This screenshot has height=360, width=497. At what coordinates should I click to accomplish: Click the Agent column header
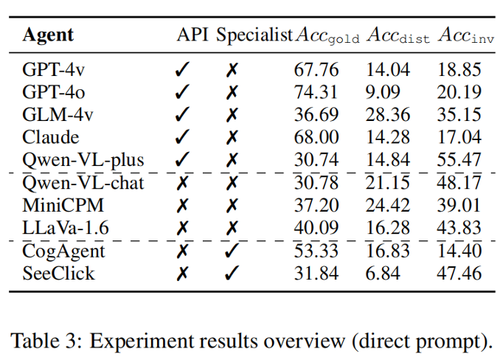coord(48,35)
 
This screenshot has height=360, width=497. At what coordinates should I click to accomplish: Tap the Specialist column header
coord(254,35)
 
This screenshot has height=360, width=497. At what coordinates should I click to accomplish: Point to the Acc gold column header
coord(327,35)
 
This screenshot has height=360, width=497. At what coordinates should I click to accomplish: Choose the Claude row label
coord(50,138)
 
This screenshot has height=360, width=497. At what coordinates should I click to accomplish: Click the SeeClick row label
coord(58,274)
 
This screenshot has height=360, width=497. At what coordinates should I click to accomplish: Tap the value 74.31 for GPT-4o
coord(316,93)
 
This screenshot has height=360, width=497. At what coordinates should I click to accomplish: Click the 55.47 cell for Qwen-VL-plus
coord(458,160)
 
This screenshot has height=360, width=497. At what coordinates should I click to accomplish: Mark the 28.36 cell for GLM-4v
coord(387,115)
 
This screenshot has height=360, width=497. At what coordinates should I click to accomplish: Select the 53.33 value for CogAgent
coord(316,252)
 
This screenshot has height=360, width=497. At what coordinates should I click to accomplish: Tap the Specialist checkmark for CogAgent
coord(232,252)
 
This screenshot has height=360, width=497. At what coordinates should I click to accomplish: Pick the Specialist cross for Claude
coord(232,138)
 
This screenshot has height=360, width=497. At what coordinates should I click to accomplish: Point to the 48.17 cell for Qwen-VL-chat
coord(458,183)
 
